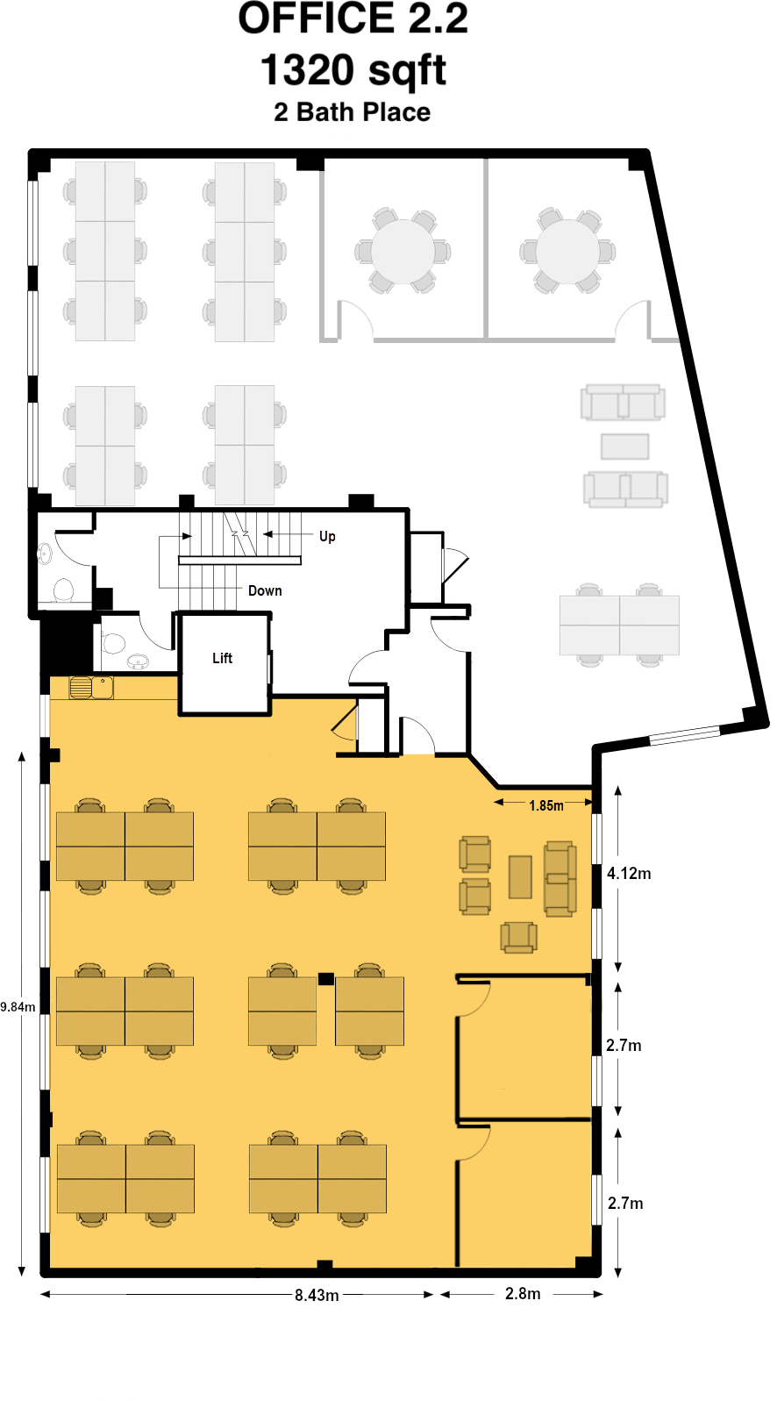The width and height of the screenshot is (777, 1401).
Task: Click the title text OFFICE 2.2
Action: click(x=353, y=19)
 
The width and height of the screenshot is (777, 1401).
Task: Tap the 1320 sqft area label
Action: click(x=353, y=70)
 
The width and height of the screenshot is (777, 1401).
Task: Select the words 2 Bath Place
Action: click(x=352, y=112)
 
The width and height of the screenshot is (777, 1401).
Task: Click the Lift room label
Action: click(x=223, y=658)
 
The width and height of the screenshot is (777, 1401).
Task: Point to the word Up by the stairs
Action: click(x=327, y=536)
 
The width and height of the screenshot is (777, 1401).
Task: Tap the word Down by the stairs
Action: click(x=265, y=590)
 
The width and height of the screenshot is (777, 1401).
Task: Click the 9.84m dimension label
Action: click(x=18, y=1007)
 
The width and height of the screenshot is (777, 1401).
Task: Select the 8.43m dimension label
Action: click(x=317, y=1295)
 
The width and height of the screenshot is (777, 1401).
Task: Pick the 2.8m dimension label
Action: click(x=523, y=1293)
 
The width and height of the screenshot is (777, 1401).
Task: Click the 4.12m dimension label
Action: click(x=629, y=873)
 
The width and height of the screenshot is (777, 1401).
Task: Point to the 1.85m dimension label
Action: click(x=546, y=805)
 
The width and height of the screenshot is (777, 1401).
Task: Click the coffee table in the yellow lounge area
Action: click(x=520, y=876)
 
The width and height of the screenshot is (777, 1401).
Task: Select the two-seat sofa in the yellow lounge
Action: click(x=560, y=879)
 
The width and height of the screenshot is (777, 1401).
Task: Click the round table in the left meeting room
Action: click(x=403, y=252)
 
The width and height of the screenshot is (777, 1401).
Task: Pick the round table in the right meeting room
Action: click(x=567, y=252)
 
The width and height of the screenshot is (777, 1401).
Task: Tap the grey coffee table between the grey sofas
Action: click(x=624, y=447)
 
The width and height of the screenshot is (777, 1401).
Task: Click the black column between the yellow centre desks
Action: click(x=325, y=979)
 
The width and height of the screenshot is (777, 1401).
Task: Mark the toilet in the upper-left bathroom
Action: click(x=62, y=590)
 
